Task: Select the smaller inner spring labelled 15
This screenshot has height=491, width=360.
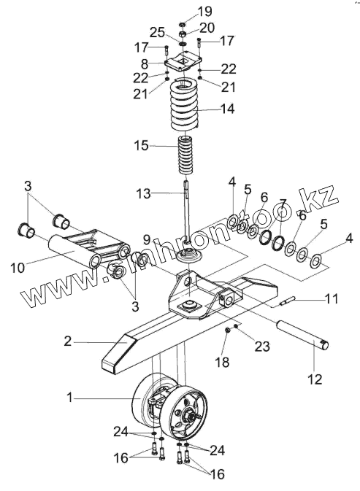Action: click(x=185, y=156)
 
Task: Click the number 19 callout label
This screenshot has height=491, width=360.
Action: click(x=205, y=11)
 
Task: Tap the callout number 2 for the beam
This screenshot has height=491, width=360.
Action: click(x=68, y=341)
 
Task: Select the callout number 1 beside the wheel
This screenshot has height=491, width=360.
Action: click(x=69, y=398)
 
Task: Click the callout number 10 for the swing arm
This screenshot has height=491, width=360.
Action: click(x=18, y=268)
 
